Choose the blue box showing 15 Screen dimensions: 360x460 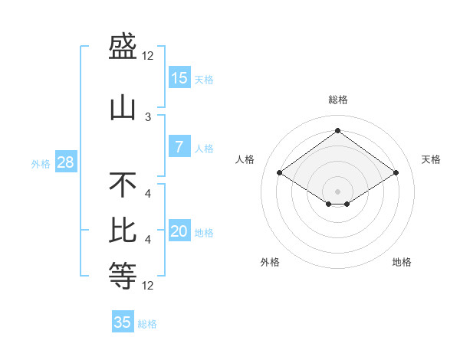tap(179, 77)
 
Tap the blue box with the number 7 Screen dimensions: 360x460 tap(179, 147)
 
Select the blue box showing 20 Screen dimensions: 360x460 tap(179, 231)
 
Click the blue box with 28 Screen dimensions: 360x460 tap(65, 162)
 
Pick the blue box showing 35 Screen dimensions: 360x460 tap(123, 322)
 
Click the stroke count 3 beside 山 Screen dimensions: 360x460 tap(148, 116)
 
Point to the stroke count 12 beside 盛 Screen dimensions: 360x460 tap(148, 56)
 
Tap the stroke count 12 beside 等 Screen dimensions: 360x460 tap(148, 286)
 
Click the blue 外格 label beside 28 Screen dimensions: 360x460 tap(41, 163)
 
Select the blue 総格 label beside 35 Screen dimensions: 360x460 tap(147, 323)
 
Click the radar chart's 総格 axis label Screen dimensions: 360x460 tap(337, 100)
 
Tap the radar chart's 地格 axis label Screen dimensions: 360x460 tap(402, 262)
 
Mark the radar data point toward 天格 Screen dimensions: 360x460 tap(396, 173)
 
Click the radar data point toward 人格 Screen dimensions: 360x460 tap(280, 173)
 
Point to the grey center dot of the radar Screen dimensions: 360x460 tap(337, 190)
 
